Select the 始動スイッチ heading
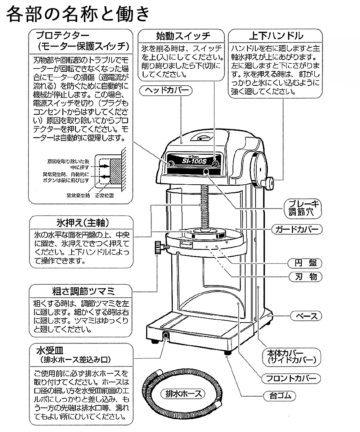click(183, 36)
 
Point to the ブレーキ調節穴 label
click(302, 208)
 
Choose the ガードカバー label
click(297, 229)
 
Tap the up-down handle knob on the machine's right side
click(270, 183)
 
